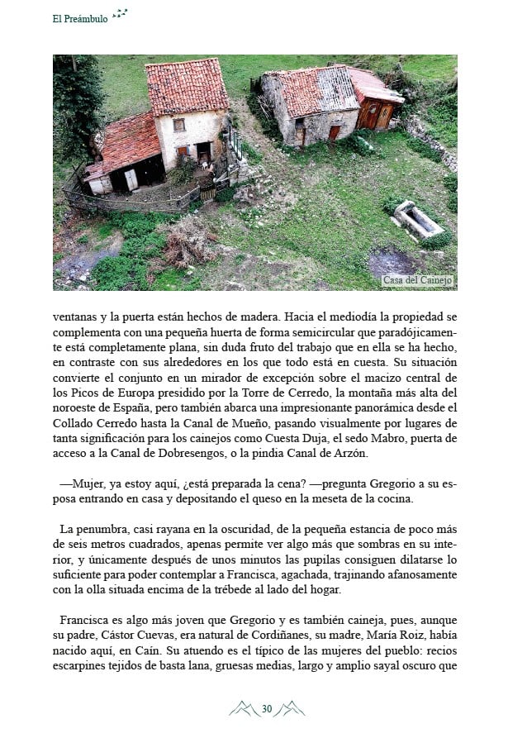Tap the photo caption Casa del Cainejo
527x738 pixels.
(x=418, y=280)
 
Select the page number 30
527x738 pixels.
(x=267, y=708)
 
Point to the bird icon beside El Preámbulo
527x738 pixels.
(x=121, y=13)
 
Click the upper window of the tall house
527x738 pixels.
(x=178, y=124)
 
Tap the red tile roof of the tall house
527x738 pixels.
(x=187, y=86)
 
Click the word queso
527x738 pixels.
(x=278, y=498)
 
